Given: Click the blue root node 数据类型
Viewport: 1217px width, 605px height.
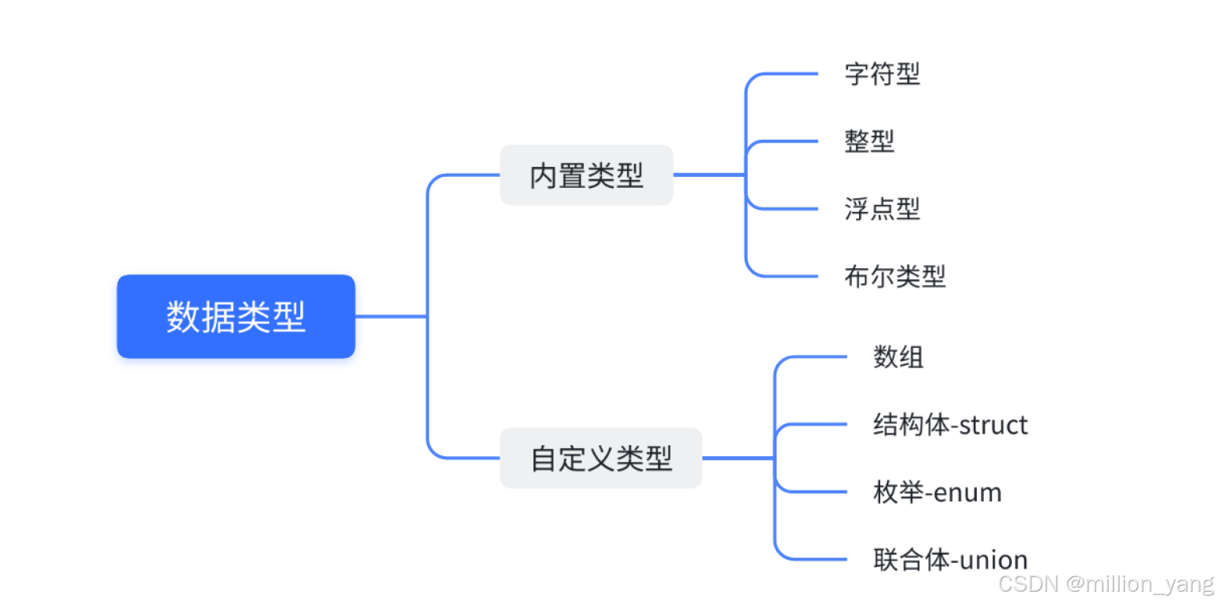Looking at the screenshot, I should [235, 317].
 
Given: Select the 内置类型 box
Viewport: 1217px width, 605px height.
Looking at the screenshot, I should [586, 175].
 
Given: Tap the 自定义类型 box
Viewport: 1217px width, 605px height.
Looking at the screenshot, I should [601, 458].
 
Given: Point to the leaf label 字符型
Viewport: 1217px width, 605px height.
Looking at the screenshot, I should [882, 74].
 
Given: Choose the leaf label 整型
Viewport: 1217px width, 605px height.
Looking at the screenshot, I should [869, 141].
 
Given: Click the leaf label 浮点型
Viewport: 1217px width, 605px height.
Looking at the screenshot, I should [882, 209].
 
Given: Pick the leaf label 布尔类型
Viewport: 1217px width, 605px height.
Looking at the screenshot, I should [894, 276].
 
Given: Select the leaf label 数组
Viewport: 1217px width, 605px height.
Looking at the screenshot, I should [898, 357].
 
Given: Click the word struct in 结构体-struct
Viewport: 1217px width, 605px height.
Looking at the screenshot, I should [993, 425].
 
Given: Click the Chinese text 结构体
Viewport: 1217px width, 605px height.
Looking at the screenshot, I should [911, 425].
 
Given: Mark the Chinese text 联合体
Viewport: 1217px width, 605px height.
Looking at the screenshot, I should [911, 560].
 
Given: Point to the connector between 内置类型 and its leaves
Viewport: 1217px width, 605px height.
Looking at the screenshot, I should [709, 175].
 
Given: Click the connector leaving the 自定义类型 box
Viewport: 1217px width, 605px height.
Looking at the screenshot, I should [738, 458].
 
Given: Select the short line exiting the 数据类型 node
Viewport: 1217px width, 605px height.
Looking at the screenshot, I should [390, 317].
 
